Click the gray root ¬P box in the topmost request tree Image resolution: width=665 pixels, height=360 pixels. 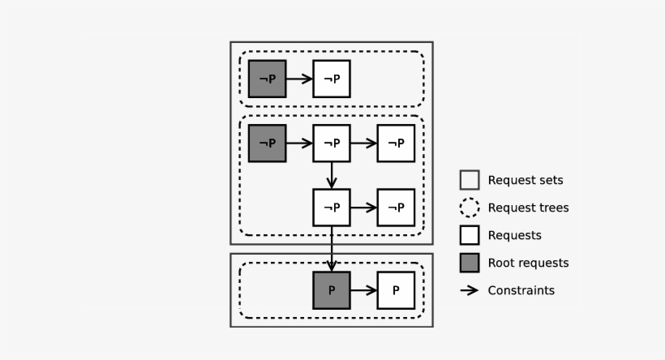267,79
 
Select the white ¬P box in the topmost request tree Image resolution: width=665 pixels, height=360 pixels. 332,79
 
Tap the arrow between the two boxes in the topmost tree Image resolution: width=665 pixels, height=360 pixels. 299,79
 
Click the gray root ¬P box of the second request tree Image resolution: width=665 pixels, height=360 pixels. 267,144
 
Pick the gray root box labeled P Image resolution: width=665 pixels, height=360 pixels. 332,290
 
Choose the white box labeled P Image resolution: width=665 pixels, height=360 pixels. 396,290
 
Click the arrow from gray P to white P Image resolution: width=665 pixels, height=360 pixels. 363,290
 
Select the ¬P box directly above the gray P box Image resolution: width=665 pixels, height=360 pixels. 332,208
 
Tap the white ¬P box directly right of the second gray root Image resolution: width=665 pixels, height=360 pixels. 332,144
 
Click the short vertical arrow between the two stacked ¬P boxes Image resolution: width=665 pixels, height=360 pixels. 332,175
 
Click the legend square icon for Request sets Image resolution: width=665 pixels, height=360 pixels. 470,180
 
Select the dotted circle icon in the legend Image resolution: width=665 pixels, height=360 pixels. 470,208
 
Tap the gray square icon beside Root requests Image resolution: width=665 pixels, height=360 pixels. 470,263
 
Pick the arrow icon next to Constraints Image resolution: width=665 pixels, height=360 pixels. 470,290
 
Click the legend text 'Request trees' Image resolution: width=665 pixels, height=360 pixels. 528,208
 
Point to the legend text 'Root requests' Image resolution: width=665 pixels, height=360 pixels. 528,263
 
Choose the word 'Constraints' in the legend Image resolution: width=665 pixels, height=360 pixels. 521,290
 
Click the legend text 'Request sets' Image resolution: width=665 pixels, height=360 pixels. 525,180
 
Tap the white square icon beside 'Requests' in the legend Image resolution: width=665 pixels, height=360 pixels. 470,235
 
